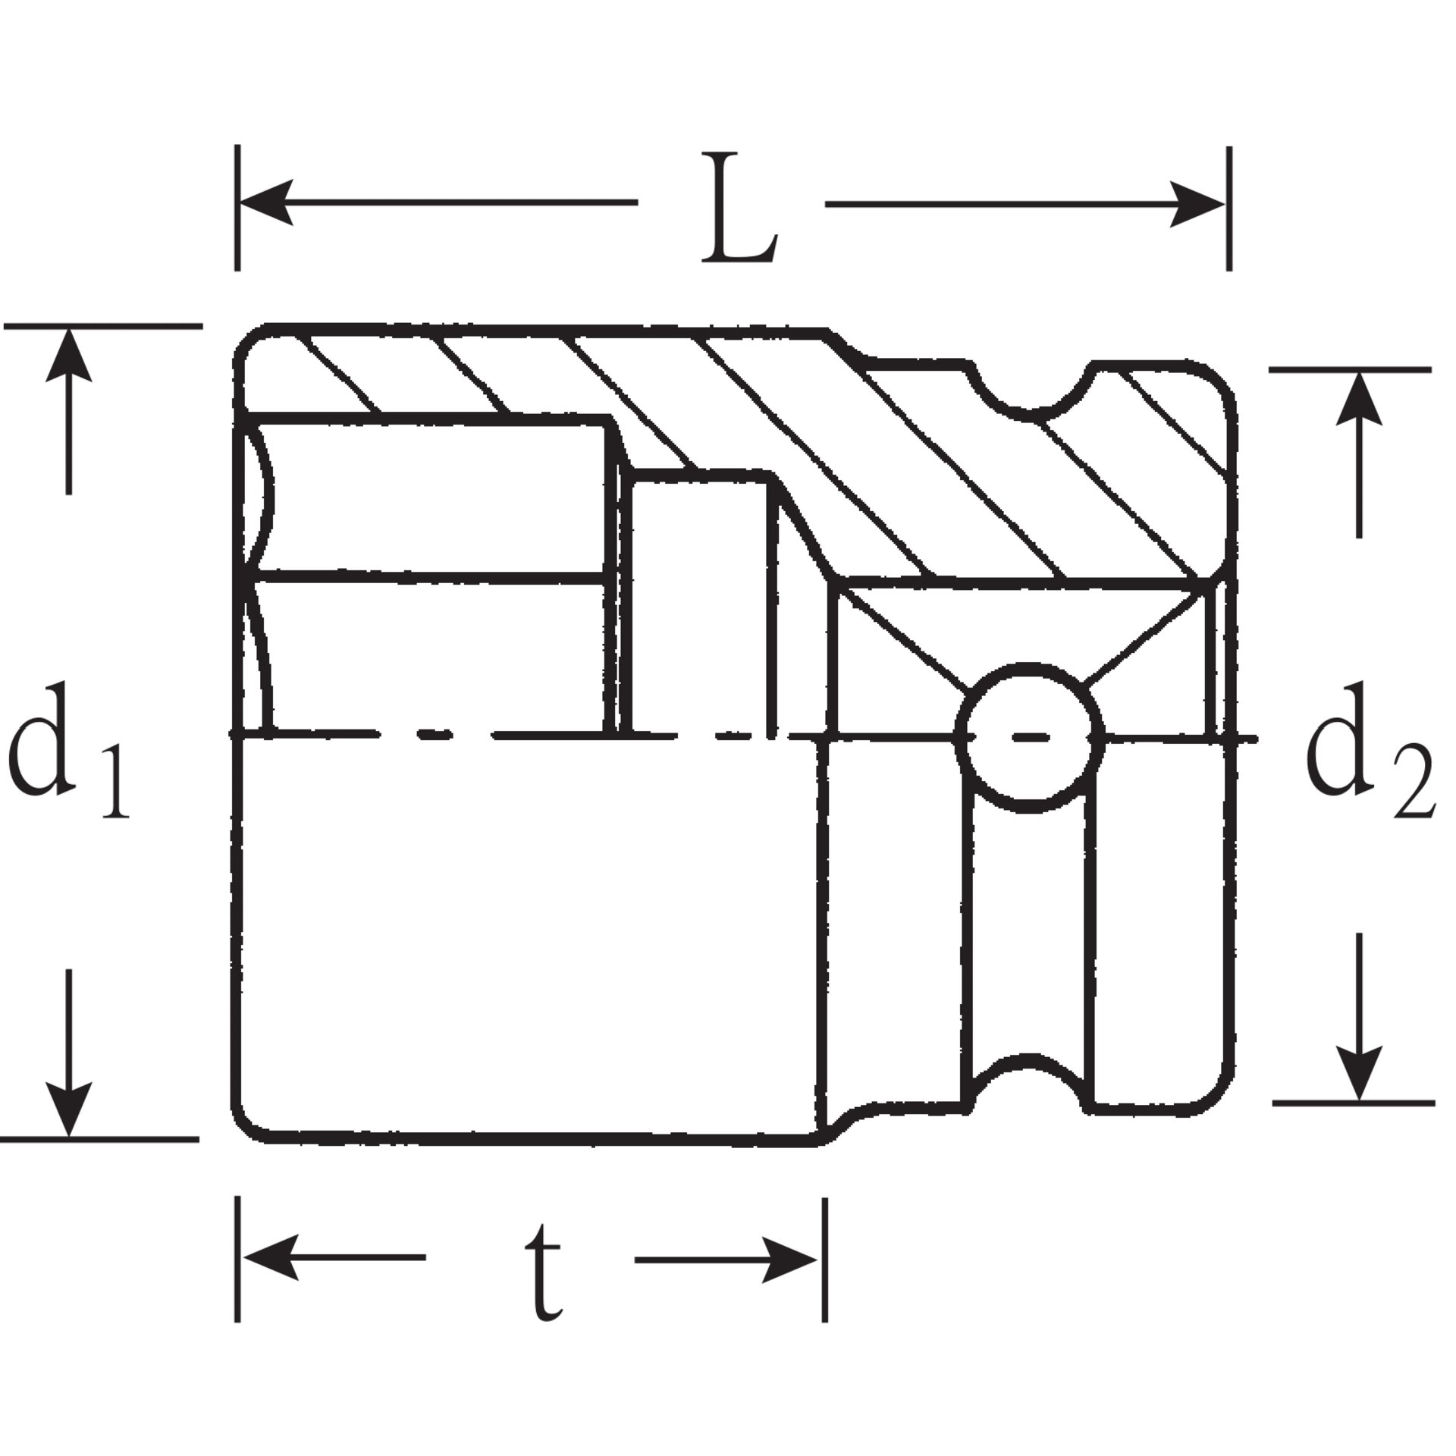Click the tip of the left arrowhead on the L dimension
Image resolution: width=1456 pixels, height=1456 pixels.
click(x=241, y=203)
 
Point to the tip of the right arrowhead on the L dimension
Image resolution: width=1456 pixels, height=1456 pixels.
click(x=1224, y=203)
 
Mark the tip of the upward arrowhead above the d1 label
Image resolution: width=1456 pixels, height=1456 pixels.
click(x=69, y=329)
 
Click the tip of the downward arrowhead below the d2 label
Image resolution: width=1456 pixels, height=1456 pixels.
click(x=1359, y=1100)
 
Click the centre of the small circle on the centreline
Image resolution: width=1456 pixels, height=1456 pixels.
click(x=1029, y=736)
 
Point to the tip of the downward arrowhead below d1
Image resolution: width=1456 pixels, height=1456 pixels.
click(x=69, y=1135)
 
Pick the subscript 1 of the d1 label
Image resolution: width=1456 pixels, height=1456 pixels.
click(x=114, y=781)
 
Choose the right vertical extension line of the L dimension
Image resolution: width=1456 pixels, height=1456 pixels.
click(x=1228, y=208)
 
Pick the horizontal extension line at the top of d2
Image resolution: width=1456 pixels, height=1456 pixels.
click(x=1351, y=369)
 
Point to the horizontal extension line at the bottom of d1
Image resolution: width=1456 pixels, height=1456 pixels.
click(x=99, y=1139)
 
